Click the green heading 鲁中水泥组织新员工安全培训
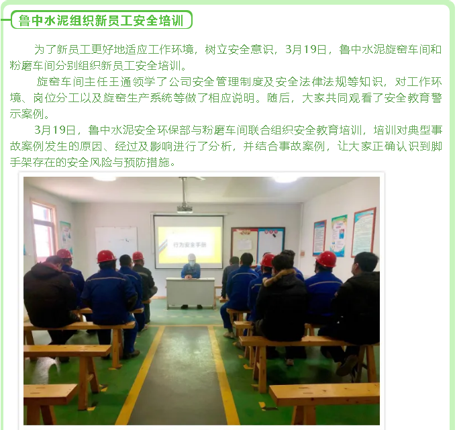[x=101, y=20]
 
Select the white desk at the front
[x=191, y=292]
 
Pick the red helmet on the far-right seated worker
[x=327, y=259]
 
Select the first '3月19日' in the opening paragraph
[x=305, y=49]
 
